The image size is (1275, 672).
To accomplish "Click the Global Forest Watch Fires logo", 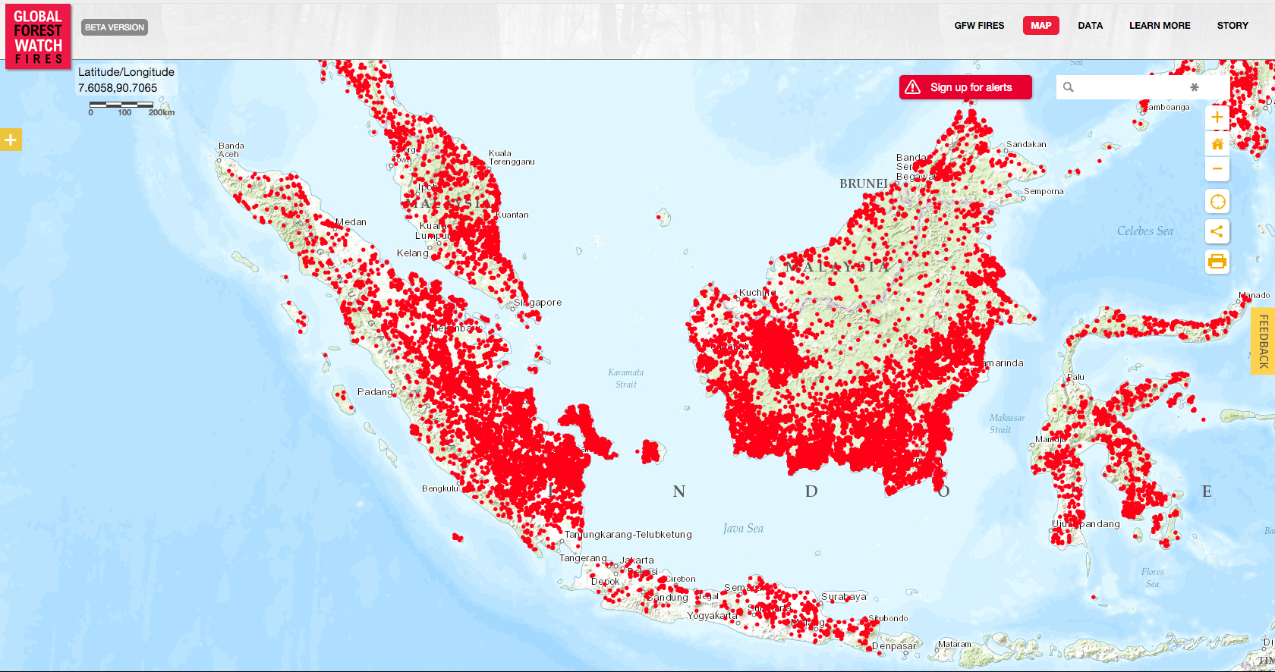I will [x=38, y=36].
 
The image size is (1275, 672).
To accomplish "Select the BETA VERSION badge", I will [x=115, y=27].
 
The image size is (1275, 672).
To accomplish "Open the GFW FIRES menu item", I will [x=979, y=26].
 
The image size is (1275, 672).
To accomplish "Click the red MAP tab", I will [x=1040, y=26].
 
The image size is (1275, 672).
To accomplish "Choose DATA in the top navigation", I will [x=1090, y=26].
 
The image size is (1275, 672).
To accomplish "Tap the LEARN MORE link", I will [x=1159, y=26].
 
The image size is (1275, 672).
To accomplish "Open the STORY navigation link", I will [x=1232, y=26].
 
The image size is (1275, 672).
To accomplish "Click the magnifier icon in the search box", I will [x=1069, y=87].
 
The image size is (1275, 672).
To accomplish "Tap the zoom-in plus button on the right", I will [x=1217, y=118].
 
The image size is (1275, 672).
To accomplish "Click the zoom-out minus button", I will [x=1217, y=169].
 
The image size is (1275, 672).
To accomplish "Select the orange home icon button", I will [x=1217, y=144].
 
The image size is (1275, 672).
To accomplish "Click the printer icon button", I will [x=1217, y=262].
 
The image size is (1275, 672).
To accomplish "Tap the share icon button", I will [x=1217, y=231].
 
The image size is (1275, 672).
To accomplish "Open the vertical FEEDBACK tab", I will [x=1264, y=341].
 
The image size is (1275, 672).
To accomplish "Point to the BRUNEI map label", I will [x=863, y=184].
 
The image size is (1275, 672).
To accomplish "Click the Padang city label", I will [x=375, y=392].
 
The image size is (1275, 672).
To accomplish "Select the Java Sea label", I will [x=743, y=529].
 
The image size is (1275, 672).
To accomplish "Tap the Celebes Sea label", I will [x=1144, y=231].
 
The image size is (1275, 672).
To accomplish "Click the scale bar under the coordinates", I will [x=121, y=105].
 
